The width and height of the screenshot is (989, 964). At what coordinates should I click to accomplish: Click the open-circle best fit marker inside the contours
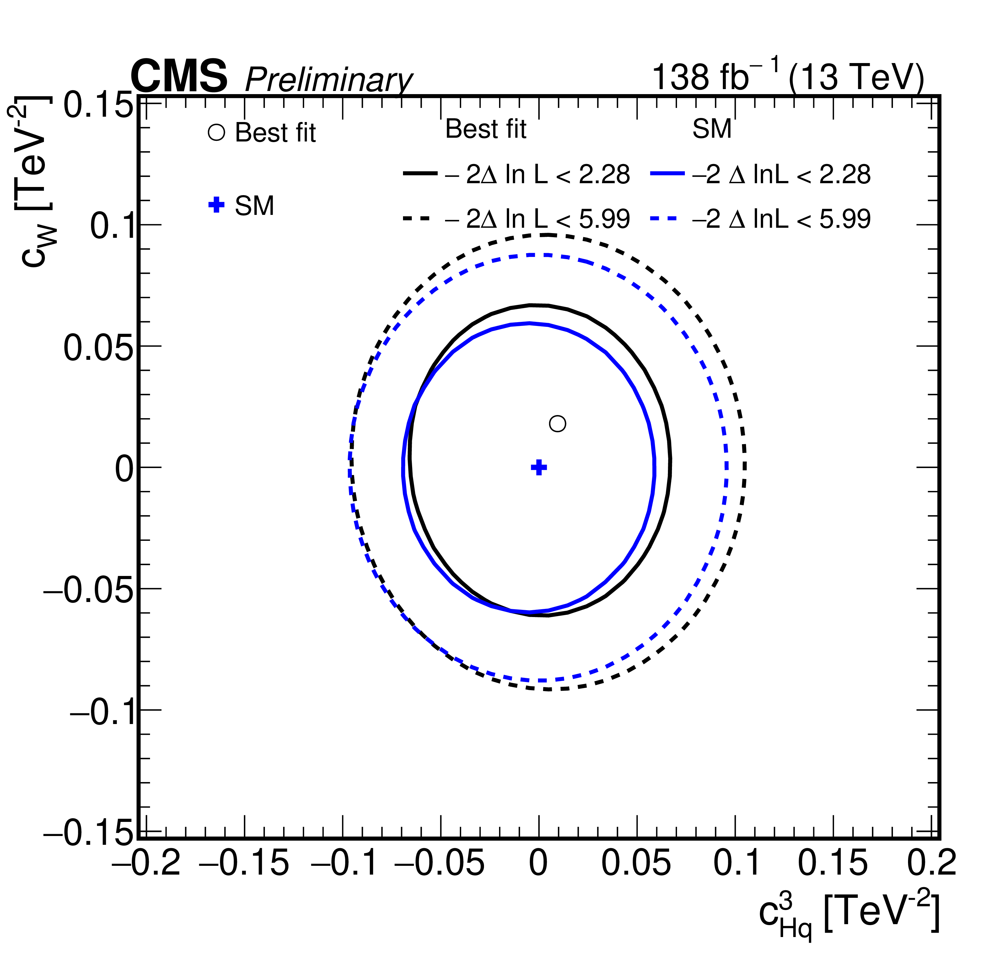pos(557,423)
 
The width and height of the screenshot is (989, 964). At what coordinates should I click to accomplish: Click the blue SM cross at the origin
pos(539,467)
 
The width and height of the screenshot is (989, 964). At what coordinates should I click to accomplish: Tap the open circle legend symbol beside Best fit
pos(216,133)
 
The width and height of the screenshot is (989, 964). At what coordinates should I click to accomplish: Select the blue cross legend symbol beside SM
pos(216,205)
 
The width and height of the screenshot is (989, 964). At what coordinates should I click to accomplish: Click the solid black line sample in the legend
pos(420,174)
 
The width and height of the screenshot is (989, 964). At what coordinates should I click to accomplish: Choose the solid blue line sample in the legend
pos(667,174)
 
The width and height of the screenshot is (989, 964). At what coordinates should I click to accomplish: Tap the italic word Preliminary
pos(329,79)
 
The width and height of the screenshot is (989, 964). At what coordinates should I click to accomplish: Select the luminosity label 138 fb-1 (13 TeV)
pos(788,75)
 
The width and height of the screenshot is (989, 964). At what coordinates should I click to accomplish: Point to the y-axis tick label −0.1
pos(101,712)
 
